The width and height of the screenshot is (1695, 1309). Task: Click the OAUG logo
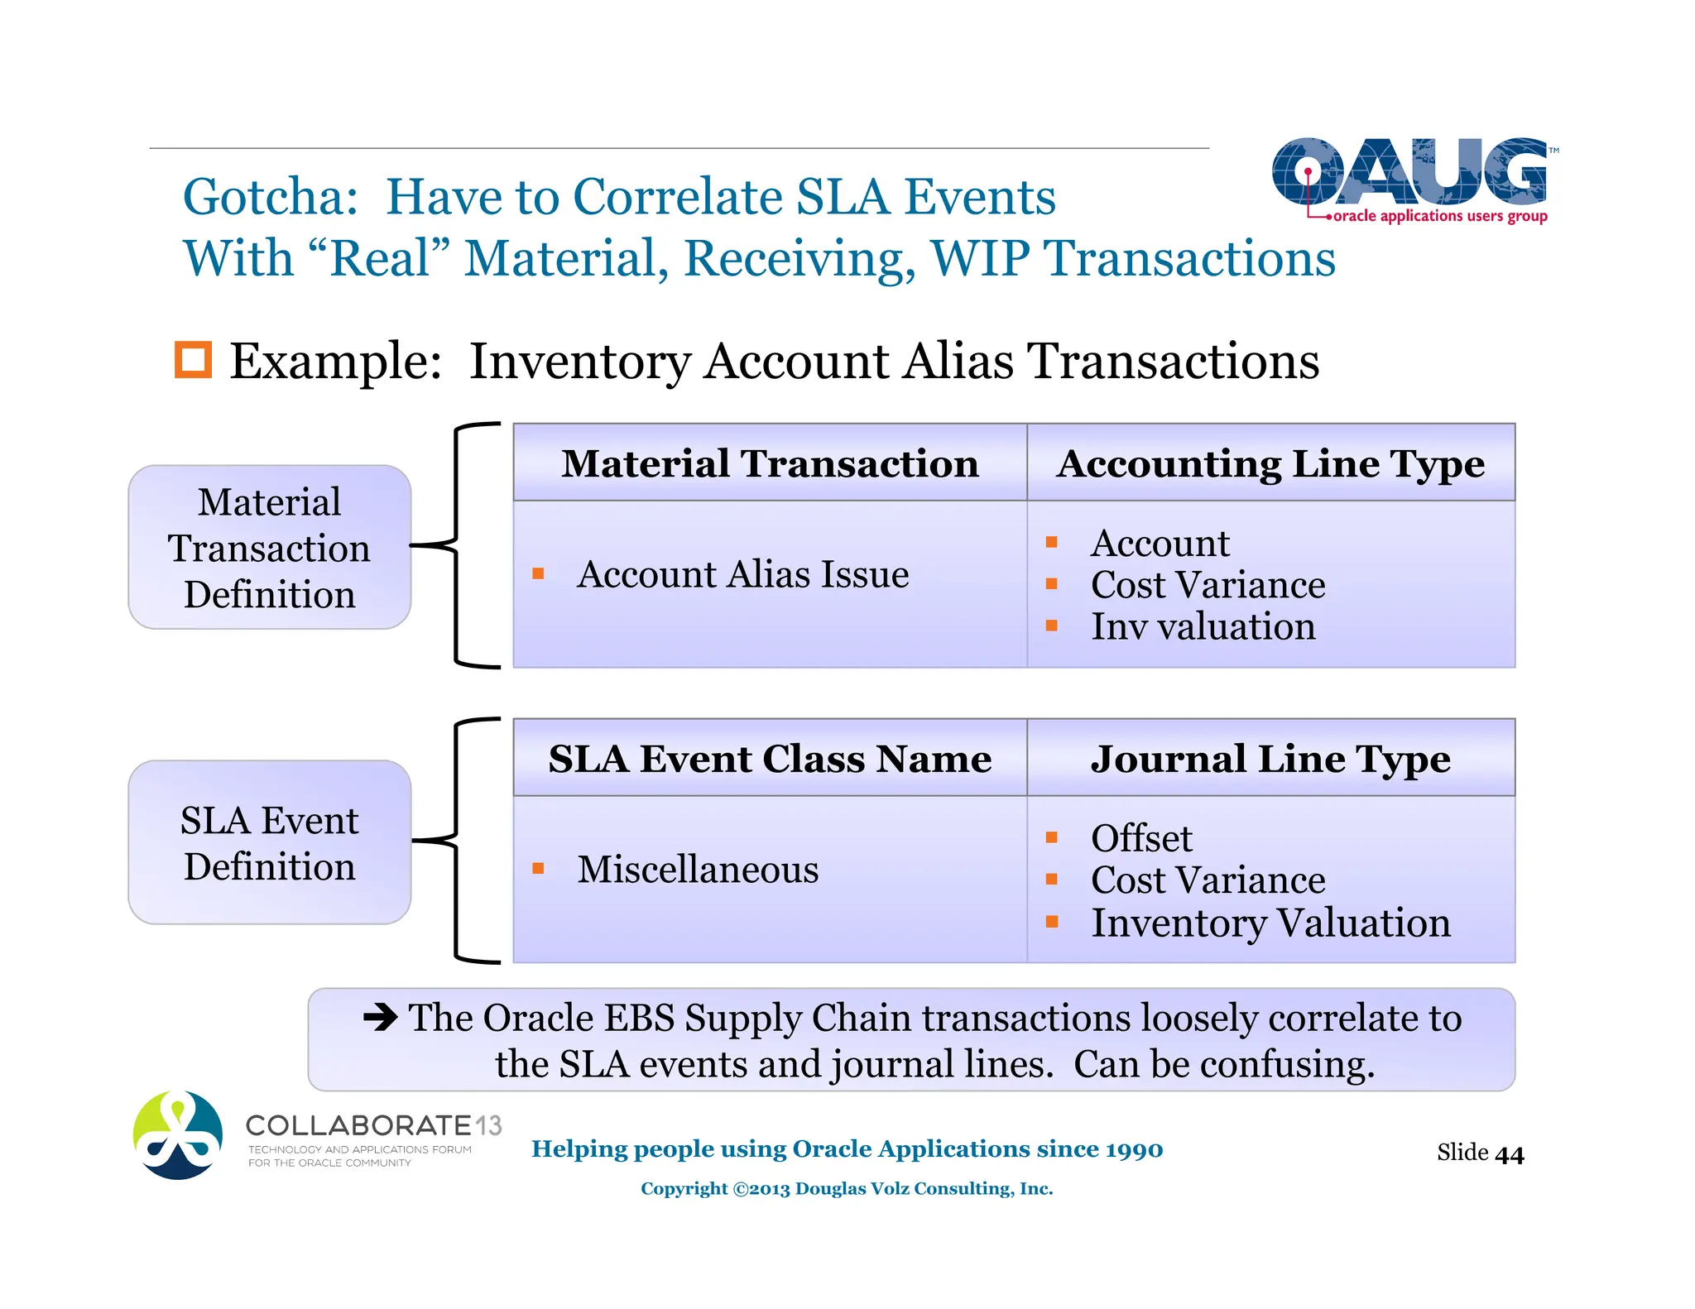1409,178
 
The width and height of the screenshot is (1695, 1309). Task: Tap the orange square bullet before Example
193,360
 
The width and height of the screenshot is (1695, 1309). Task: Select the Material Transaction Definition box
270,548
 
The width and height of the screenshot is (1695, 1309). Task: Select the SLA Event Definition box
270,842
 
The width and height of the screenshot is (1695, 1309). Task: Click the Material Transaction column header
770,463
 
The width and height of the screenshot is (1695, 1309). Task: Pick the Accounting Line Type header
1270,463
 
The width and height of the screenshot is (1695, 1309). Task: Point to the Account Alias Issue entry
742,574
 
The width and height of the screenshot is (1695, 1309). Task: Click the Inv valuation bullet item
1203,626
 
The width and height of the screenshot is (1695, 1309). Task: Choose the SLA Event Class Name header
770,759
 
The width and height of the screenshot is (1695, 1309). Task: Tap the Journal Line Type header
1270,759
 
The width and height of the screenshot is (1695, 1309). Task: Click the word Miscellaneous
698,870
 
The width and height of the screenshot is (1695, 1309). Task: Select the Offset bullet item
1141,838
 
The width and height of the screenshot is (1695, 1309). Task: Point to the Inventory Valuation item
1270,923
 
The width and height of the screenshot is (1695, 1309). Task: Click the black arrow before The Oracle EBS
381,1017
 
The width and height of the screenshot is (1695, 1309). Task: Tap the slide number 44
1510,1154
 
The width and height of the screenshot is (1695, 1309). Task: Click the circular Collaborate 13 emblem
178,1135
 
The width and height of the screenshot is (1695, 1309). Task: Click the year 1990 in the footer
1134,1149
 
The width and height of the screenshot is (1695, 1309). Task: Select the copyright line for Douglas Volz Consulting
847,1189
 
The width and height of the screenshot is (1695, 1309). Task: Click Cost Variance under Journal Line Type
1208,880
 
